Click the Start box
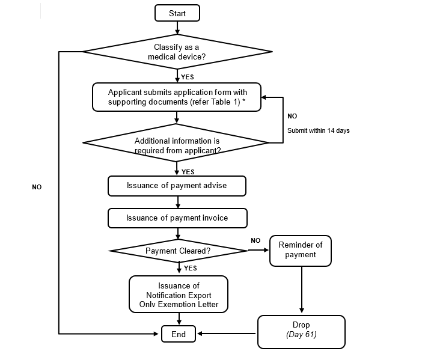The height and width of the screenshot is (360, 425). point(177,13)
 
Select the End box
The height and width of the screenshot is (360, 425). point(179,334)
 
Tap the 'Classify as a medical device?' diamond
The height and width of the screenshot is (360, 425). point(177,52)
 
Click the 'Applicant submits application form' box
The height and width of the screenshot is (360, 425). point(177,97)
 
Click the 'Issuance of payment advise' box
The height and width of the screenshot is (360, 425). point(177,186)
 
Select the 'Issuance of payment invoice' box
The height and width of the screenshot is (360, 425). point(177,218)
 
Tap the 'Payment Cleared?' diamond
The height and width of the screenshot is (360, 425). point(178,251)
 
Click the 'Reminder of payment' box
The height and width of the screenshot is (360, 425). point(300,250)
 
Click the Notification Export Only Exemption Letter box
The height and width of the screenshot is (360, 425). point(179,294)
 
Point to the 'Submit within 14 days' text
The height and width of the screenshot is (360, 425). point(318,130)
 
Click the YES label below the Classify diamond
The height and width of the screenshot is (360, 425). point(188,77)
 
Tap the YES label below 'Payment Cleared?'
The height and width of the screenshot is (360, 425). point(191,268)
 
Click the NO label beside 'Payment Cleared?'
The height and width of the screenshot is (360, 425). point(255,240)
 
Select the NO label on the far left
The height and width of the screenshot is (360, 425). point(37,188)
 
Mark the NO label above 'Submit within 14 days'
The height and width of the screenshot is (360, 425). point(292,116)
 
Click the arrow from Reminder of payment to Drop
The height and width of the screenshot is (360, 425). point(301,290)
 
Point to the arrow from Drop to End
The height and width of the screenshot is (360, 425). point(227,334)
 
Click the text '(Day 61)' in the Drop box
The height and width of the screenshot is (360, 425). point(301,335)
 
